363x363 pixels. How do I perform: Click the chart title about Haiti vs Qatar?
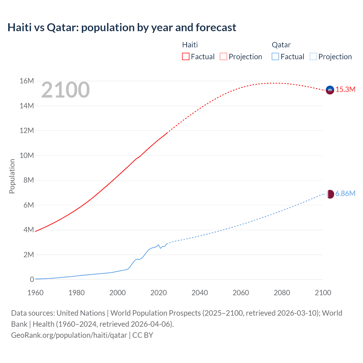click(122, 28)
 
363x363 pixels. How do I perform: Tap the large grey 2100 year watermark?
click(66, 90)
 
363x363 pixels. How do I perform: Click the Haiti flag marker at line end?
click(330, 90)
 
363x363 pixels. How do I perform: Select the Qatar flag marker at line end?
click(330, 194)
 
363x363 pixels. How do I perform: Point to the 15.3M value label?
click(345, 90)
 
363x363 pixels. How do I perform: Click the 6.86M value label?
click(345, 194)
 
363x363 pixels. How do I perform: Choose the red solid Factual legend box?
click(185, 56)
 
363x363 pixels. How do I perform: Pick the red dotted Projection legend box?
click(223, 56)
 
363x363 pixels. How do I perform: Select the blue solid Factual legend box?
click(275, 56)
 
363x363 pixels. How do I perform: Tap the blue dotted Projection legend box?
click(313, 56)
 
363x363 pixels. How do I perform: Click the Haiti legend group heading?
click(190, 45)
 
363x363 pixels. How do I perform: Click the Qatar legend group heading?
click(281, 45)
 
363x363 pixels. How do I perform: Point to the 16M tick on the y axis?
click(27, 81)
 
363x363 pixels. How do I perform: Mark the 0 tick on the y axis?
click(32, 280)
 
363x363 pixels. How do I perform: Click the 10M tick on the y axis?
click(27, 155)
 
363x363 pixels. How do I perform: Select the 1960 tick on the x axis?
click(35, 293)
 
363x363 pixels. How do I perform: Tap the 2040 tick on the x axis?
click(200, 293)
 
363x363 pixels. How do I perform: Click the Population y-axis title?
click(12, 176)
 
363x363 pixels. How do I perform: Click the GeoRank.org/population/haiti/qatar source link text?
click(69, 335)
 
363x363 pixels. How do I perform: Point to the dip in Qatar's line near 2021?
click(161, 248)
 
